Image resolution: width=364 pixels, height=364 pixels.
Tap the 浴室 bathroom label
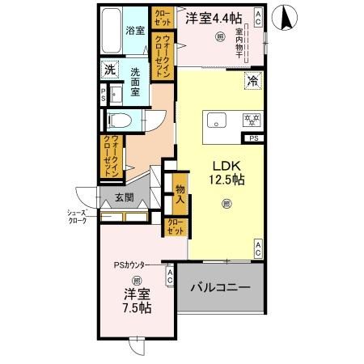pyautogui.click(x=134, y=32)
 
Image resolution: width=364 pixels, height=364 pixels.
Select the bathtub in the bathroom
pyautogui.click(x=112, y=31)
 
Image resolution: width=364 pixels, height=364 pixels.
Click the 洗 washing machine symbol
pyautogui.click(x=109, y=70)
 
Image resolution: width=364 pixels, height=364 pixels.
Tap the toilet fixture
pyautogui.click(x=119, y=120)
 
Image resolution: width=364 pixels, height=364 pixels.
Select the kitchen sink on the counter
pyautogui.click(x=217, y=121)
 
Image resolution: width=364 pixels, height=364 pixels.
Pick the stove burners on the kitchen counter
pyautogui.click(x=251, y=121)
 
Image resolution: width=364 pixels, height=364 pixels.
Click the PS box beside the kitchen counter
pyautogui.click(x=254, y=139)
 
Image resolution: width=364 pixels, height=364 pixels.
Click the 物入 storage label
pyautogui.click(x=180, y=193)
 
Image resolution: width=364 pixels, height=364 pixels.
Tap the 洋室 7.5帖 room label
pyautogui.click(x=135, y=302)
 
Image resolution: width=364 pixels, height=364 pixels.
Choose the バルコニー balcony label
pyautogui.click(x=220, y=287)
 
